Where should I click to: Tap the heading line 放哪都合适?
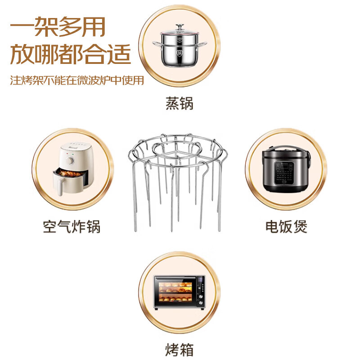pos(71,55)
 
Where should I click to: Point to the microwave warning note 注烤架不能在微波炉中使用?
pos(77,81)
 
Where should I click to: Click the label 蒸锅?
pos(179,103)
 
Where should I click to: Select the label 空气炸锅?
pos(72,226)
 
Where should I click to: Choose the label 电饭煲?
pos(286,226)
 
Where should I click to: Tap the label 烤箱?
pos(179,349)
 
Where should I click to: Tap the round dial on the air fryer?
pos(70,160)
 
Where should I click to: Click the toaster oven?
pos(179,292)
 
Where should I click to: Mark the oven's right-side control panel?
pos(200,292)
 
